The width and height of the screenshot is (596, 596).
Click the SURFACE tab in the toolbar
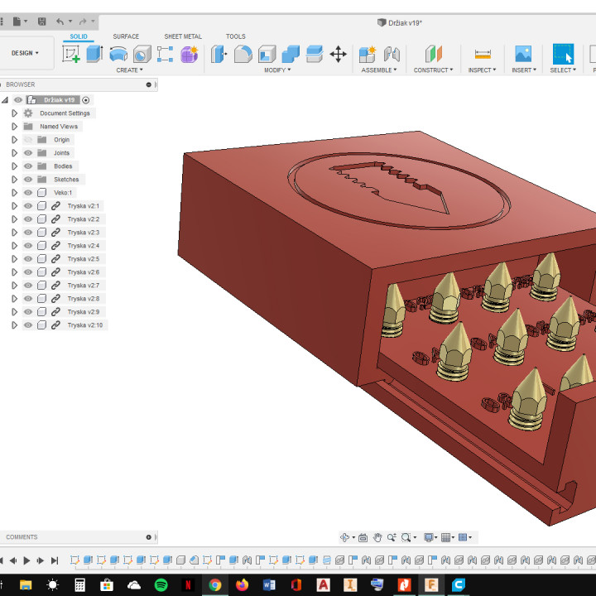(126, 36)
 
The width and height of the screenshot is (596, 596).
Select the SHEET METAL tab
(183, 36)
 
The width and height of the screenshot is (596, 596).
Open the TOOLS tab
(236, 36)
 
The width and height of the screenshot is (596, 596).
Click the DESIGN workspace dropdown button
(26, 53)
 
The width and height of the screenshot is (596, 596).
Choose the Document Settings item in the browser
(65, 113)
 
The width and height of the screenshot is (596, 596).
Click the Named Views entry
(59, 127)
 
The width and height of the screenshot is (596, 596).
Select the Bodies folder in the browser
(63, 166)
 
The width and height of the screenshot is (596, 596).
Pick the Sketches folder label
(66, 180)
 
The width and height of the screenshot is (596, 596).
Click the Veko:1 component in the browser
(63, 193)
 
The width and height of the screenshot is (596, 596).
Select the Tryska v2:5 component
(84, 259)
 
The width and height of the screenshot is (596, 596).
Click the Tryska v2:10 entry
(85, 325)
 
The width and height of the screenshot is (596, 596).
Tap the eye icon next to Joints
(28, 153)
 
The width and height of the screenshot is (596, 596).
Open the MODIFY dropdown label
(277, 70)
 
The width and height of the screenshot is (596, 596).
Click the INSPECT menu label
(482, 70)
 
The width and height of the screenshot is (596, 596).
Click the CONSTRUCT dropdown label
(433, 70)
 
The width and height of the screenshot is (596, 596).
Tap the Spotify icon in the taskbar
(161, 584)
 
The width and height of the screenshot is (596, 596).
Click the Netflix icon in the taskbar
(188, 584)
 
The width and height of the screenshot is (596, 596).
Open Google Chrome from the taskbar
(214, 584)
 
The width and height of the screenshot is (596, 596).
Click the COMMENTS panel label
(22, 537)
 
